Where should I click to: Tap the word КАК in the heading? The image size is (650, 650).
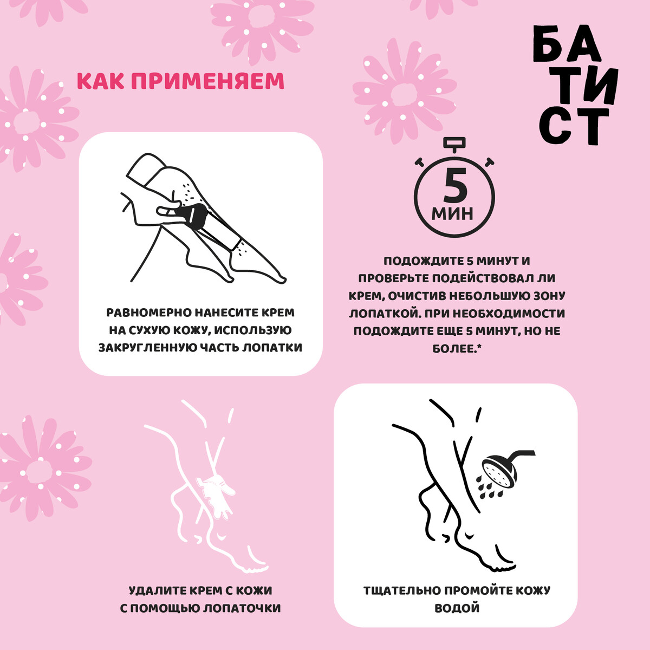tap(99, 81)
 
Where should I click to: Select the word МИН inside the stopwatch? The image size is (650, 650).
tap(453, 213)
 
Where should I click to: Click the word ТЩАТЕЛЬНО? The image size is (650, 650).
tap(402, 590)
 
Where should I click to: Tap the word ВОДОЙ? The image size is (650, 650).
tap(457, 608)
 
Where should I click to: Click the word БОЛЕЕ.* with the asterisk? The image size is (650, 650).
tap(457, 349)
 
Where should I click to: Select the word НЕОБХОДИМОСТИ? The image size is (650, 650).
tap(508, 314)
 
